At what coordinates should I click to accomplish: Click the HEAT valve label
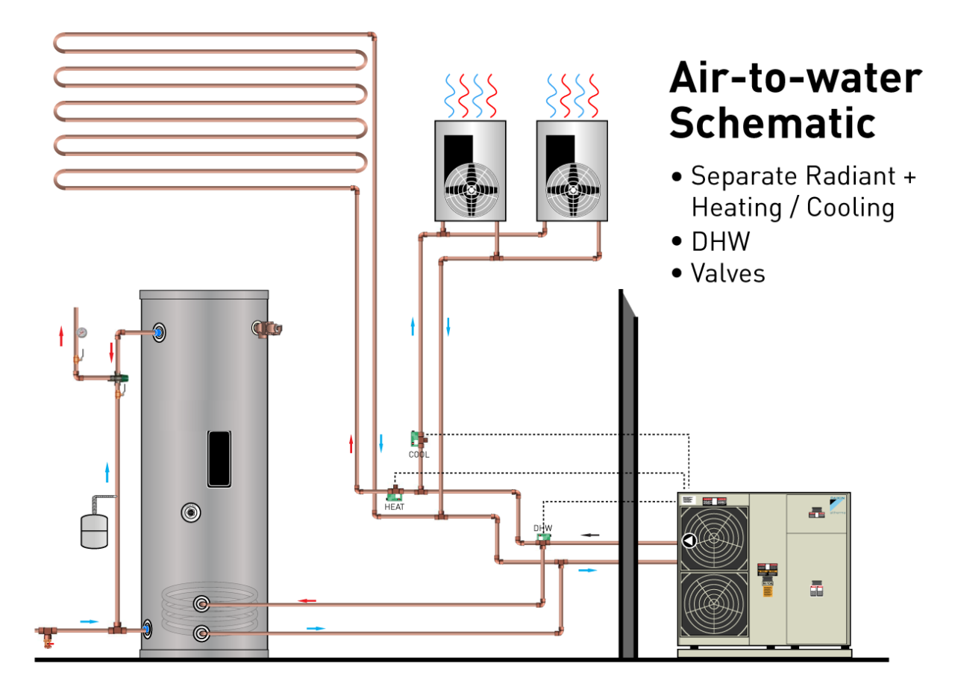[x=394, y=507]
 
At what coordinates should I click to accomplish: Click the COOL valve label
[x=419, y=454]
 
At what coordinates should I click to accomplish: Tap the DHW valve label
[x=542, y=528]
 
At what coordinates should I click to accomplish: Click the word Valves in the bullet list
[x=727, y=273]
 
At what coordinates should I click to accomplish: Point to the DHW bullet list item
[x=720, y=241]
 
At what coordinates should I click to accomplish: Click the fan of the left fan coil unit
[x=470, y=189]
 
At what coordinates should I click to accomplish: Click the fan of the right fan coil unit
[x=572, y=189]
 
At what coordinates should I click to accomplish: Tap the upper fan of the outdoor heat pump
[x=713, y=539]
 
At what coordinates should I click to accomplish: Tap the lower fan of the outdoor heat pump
[x=713, y=606]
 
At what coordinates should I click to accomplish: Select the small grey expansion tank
[x=94, y=529]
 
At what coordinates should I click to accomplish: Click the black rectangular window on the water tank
[x=219, y=459]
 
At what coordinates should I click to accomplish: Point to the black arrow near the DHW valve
[x=590, y=535]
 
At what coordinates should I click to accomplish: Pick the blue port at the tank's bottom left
[x=148, y=630]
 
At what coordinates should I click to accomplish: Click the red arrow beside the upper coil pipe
[x=307, y=600]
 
